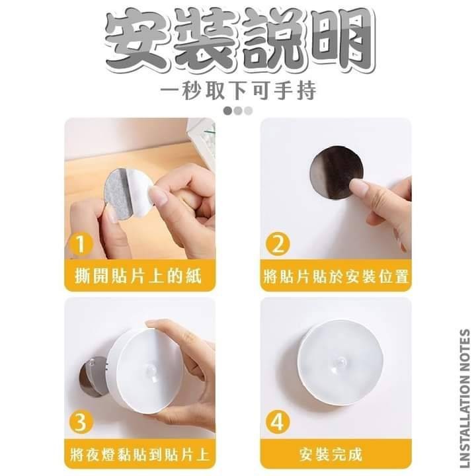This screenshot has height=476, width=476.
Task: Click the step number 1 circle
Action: click(x=81, y=244)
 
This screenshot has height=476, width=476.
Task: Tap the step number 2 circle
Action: click(x=278, y=244)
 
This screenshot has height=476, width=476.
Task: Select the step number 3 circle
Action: click(x=81, y=422)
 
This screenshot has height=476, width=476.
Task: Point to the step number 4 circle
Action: click(x=278, y=422)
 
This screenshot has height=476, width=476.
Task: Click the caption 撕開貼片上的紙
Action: click(x=138, y=276)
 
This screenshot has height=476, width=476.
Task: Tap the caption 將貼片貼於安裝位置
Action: click(x=336, y=276)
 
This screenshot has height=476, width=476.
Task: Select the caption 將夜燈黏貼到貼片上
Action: click(x=139, y=455)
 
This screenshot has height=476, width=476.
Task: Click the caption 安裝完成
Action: click(x=331, y=455)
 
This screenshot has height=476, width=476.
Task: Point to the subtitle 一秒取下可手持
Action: click(x=238, y=90)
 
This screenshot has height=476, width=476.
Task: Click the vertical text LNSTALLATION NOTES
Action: click(x=465, y=399)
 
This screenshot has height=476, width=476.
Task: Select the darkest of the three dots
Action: click(x=227, y=110)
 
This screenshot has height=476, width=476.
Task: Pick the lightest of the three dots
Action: click(x=249, y=110)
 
